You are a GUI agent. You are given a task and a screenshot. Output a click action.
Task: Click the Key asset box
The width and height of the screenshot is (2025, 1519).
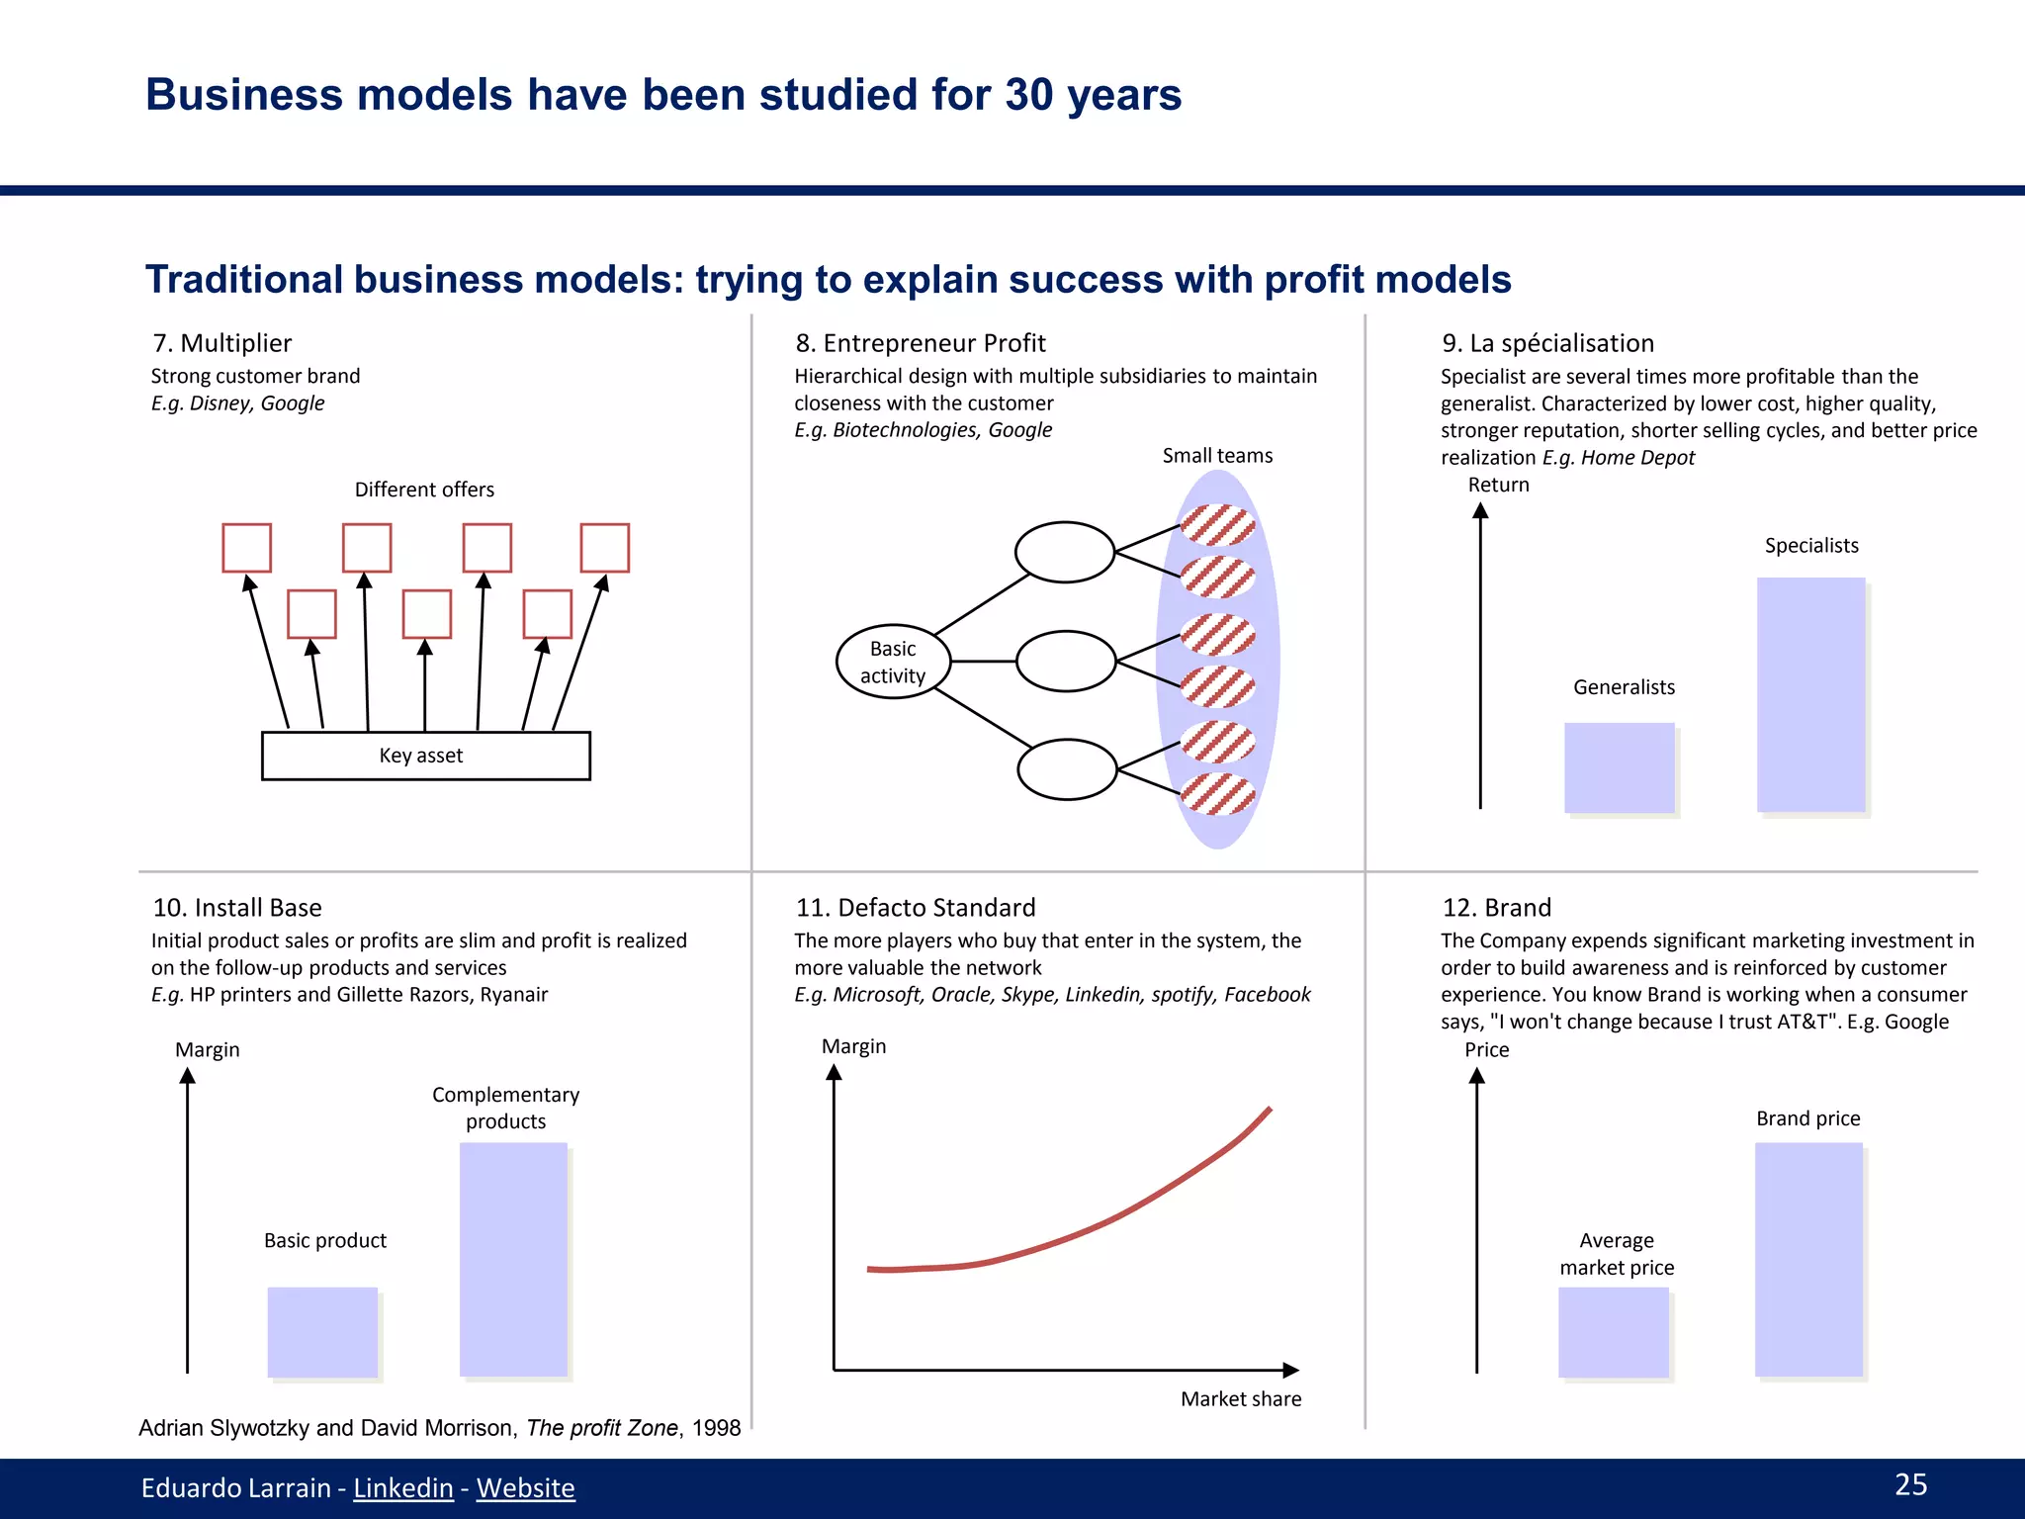[x=425, y=756]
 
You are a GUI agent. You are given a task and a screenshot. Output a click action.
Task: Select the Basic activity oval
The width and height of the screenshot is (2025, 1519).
[x=893, y=662]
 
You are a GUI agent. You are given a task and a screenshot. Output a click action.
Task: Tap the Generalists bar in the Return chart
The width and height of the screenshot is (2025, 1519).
[x=1619, y=767]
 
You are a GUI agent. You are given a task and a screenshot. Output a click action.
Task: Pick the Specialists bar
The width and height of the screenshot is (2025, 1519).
[x=1810, y=694]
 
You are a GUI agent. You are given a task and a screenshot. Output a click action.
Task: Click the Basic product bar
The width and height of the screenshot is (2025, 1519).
[x=322, y=1331]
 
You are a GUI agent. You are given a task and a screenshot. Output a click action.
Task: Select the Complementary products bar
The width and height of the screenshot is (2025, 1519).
[x=513, y=1259]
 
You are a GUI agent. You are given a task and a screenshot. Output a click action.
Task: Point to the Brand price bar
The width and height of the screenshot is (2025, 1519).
[x=1808, y=1259]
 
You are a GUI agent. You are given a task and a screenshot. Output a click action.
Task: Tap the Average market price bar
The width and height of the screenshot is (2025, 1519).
[x=1613, y=1332]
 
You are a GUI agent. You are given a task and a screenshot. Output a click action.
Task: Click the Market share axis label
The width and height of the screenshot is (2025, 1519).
[x=1241, y=1398]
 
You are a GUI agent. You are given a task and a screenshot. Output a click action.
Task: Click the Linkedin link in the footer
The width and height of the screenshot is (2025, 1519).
[x=403, y=1487]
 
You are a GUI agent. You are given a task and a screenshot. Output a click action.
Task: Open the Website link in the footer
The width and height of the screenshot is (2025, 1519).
[x=525, y=1487]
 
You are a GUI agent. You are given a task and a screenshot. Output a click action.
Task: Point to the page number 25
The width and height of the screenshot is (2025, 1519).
[x=1910, y=1484]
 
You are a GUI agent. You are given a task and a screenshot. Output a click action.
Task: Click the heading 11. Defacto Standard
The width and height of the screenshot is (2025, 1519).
[x=916, y=907]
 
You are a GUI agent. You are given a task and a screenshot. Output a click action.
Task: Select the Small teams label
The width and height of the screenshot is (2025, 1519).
[x=1217, y=455]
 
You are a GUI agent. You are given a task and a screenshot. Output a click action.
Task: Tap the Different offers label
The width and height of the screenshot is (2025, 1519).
[x=424, y=490]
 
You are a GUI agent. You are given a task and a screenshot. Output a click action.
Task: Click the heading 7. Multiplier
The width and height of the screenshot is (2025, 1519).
[x=222, y=343]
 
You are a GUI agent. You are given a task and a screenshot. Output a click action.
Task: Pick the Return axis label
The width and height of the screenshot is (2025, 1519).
[x=1498, y=485]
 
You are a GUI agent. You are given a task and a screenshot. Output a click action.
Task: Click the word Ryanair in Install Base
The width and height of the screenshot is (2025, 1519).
[x=513, y=994]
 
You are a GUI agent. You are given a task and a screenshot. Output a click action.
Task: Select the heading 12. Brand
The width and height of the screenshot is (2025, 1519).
[x=1496, y=907]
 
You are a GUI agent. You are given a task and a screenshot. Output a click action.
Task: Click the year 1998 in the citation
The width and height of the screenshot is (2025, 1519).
[x=716, y=1427]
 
